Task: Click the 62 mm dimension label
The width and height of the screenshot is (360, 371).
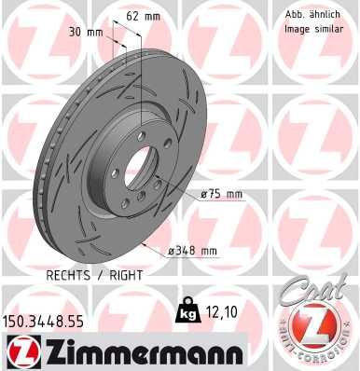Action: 143,16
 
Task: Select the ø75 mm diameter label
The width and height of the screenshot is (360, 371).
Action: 220,195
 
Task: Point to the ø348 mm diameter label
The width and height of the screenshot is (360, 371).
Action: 194,250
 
